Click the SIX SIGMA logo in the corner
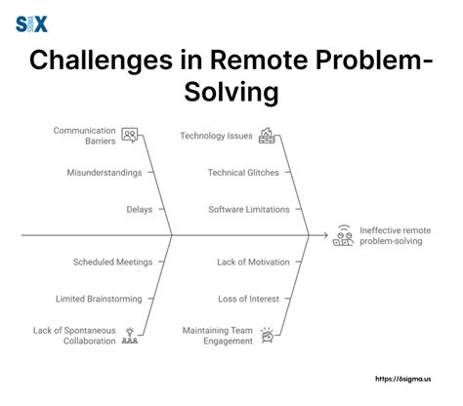(31, 22)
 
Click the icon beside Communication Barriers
(130, 136)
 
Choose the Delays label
(139, 209)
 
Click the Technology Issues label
(215, 136)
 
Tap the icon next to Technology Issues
(267, 136)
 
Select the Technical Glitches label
(243, 172)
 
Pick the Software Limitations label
(249, 209)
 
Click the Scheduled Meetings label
(112, 262)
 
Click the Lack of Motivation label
(253, 262)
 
